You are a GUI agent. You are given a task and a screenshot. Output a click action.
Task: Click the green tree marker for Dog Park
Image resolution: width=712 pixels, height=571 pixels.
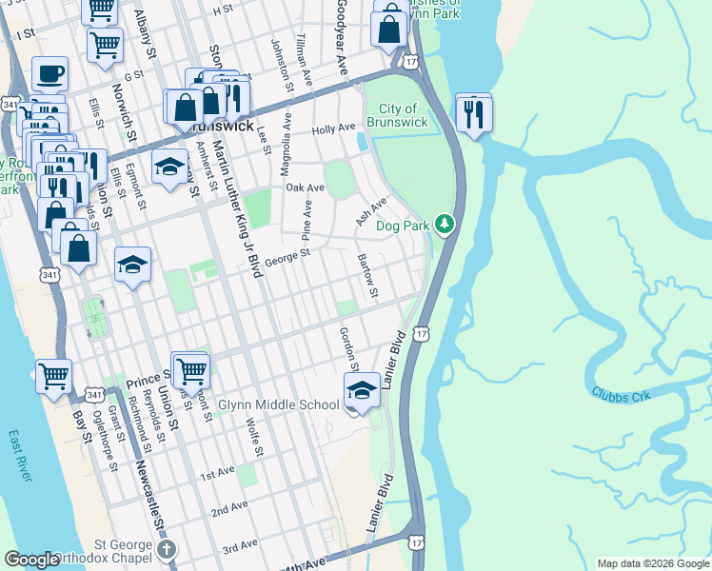tap(444, 225)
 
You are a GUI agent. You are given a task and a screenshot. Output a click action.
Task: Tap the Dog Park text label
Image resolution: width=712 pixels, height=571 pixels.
tap(404, 226)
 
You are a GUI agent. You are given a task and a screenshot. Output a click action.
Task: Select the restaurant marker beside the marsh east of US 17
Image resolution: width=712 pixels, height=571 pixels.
tap(473, 115)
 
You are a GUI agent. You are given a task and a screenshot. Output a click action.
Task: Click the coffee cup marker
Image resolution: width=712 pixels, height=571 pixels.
tap(49, 74)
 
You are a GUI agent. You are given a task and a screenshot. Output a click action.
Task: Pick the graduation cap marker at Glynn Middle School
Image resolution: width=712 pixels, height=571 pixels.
tap(362, 391)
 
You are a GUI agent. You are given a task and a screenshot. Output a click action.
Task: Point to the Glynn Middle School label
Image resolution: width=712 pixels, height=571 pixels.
tap(278, 405)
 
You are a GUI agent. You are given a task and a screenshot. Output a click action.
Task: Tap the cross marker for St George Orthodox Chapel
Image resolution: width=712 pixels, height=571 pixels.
tap(168, 549)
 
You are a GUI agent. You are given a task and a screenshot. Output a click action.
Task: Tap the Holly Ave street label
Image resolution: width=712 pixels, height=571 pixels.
tap(333, 128)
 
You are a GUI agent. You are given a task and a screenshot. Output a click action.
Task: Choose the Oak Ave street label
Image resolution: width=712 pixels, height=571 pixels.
tap(306, 188)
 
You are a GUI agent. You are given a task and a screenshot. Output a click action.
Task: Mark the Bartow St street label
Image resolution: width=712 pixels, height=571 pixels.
tap(367, 273)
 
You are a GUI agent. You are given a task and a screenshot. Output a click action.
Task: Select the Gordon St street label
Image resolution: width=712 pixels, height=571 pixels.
tap(348, 349)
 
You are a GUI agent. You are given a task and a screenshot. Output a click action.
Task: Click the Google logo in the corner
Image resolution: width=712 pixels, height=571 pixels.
tap(31, 561)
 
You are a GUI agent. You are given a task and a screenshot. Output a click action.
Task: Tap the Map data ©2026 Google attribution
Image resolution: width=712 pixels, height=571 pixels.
tap(653, 563)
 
